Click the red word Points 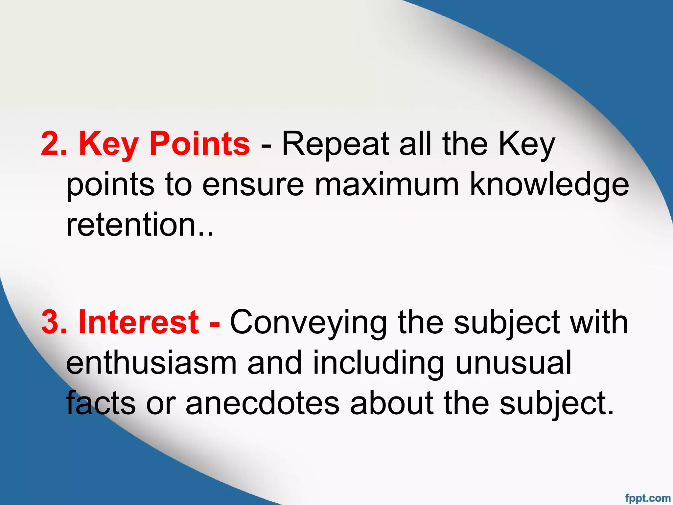tap(199, 144)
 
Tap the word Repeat tap(335, 145)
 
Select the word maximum tap(387, 185)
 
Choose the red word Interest tap(138, 322)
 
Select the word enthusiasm tap(151, 363)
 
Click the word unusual tap(513, 363)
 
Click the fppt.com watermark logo tap(648, 498)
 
